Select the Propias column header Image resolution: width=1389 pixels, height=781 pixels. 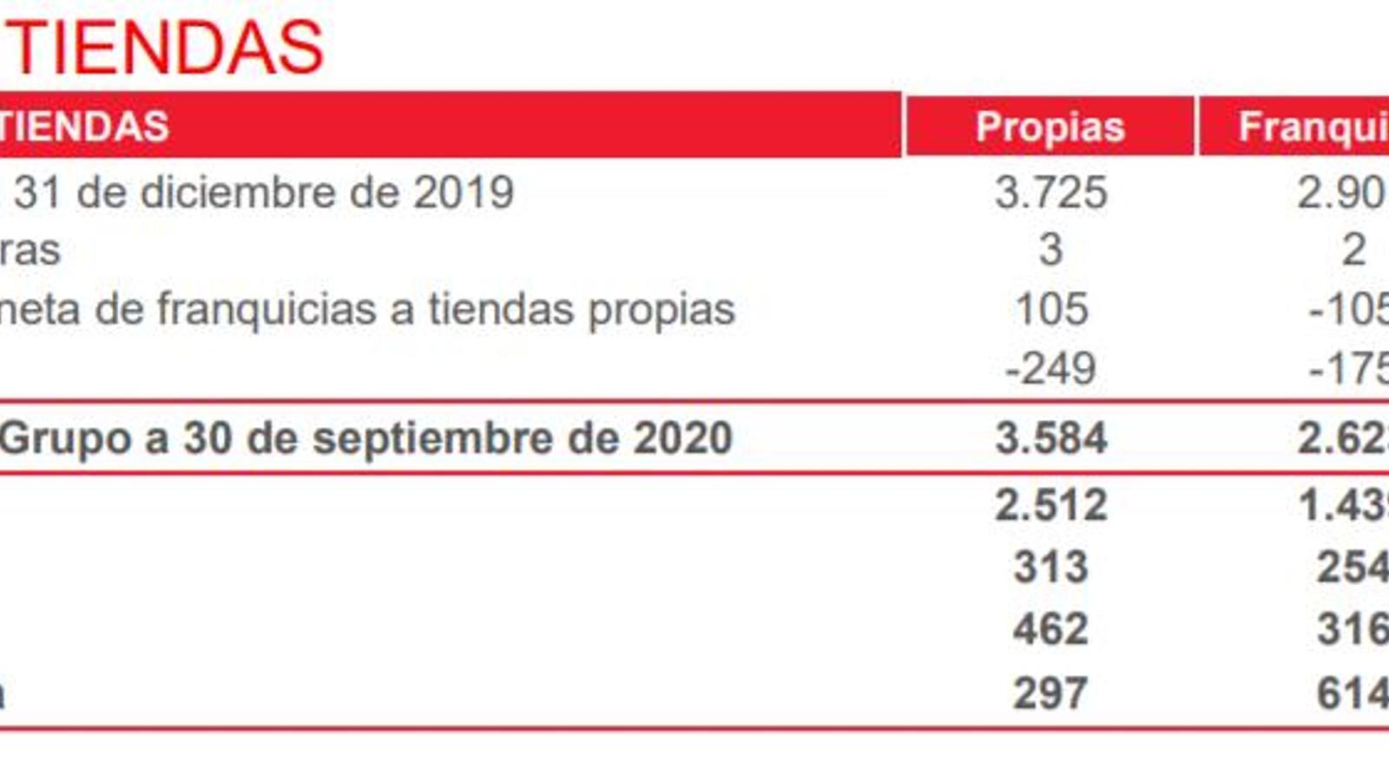pyautogui.click(x=1050, y=128)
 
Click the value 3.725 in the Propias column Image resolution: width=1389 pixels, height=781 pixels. pyautogui.click(x=1050, y=193)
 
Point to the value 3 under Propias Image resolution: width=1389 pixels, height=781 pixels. pyautogui.click(x=1050, y=251)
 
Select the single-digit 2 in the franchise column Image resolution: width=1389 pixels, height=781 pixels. pyautogui.click(x=1353, y=251)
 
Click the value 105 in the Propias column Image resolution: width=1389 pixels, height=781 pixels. pyautogui.click(x=1051, y=310)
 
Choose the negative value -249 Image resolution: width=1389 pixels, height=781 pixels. pyautogui.click(x=1050, y=369)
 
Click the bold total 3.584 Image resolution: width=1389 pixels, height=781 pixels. pyautogui.click(x=1050, y=438)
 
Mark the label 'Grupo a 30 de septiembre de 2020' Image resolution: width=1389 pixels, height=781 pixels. pyautogui.click(x=365, y=438)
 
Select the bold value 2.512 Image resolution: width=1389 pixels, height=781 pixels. pyautogui.click(x=1050, y=505)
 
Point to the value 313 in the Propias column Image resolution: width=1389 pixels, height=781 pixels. pyautogui.click(x=1050, y=568)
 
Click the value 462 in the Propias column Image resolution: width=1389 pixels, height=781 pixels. pyautogui.click(x=1050, y=629)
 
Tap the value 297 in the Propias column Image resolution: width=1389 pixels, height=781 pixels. pyautogui.click(x=1050, y=693)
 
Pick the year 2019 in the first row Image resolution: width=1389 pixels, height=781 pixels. pyautogui.click(x=464, y=193)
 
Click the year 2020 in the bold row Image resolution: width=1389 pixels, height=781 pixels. pyautogui.click(x=682, y=438)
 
